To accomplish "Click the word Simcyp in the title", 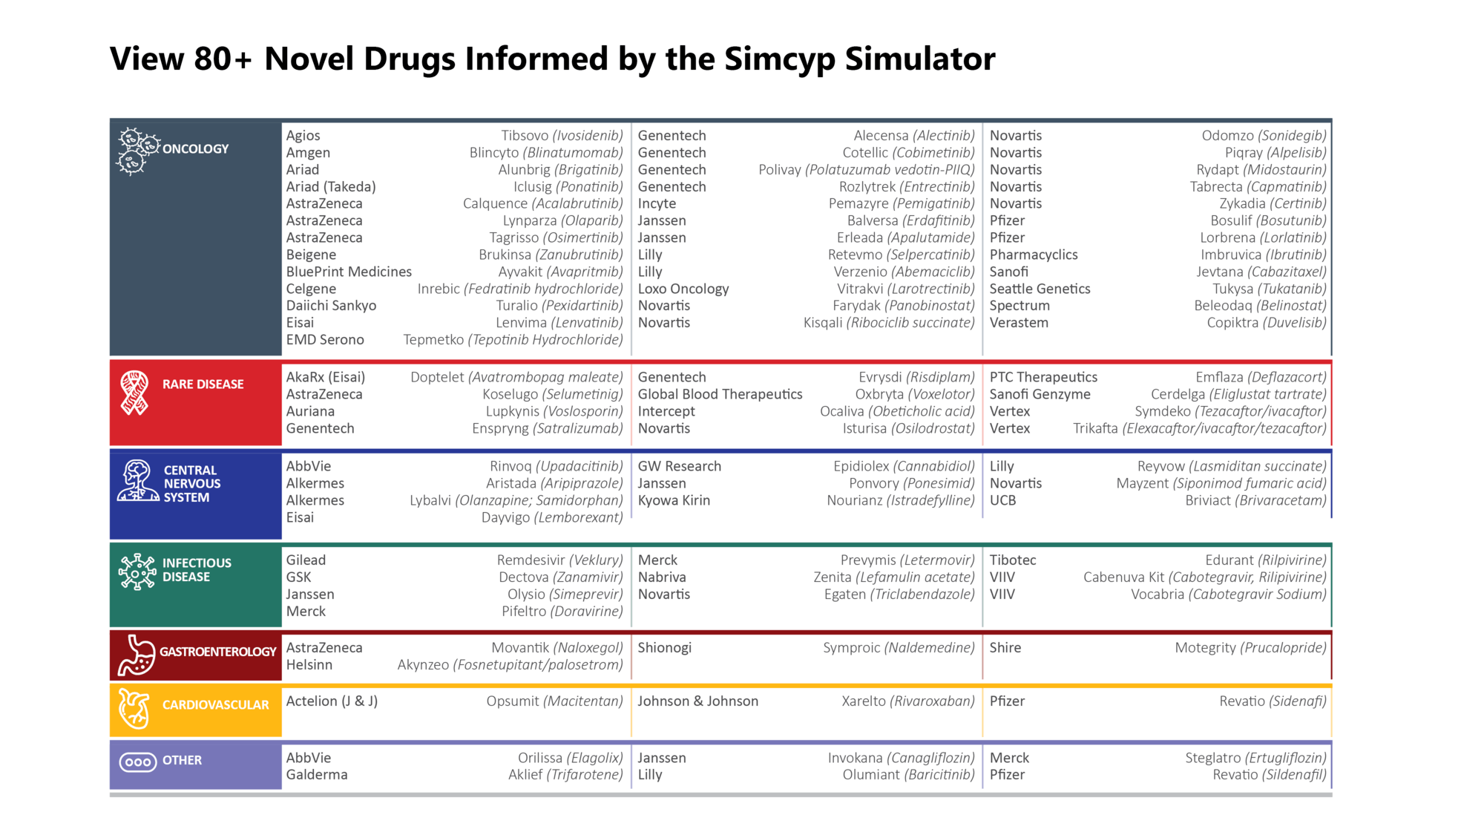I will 779,59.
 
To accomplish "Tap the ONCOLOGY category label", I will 195,148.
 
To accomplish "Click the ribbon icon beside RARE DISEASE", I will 134,393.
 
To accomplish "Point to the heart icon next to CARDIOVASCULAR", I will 134,709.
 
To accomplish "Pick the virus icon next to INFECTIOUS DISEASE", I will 137,572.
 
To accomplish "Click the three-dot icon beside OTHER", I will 138,762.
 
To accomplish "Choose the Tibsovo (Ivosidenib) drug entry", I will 562,136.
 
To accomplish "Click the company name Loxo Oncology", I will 683,289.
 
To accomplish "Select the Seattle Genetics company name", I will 1040,289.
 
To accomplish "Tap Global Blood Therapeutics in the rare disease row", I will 720,394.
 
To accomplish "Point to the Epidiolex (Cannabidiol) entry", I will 904,466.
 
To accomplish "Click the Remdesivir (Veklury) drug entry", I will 559,560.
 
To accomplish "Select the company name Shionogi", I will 664,648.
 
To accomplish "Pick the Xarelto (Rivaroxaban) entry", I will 907,701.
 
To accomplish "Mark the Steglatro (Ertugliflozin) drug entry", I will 1255,758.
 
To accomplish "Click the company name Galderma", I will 317,775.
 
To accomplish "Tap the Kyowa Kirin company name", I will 674,500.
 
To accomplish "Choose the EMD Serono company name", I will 325,340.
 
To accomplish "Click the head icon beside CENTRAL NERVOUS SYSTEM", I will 137,481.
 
